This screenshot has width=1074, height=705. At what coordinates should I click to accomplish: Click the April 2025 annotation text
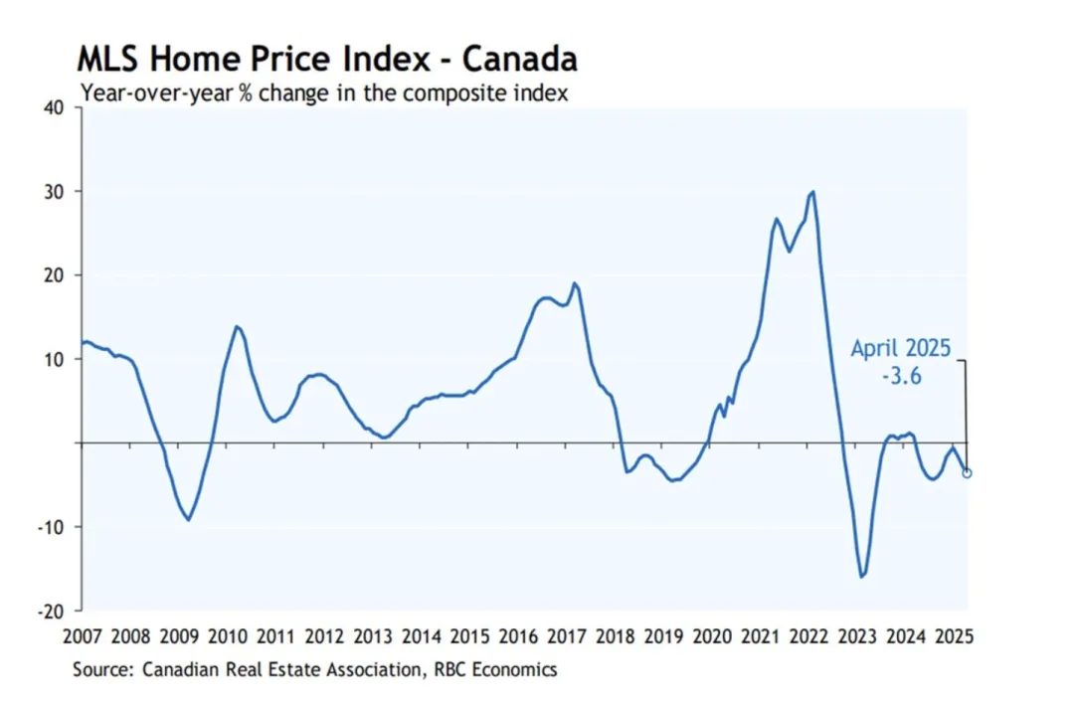901,349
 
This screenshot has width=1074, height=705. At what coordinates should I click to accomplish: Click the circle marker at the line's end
967,472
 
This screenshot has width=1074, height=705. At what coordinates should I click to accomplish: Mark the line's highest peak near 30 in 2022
813,192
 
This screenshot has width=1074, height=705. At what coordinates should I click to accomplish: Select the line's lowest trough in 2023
862,576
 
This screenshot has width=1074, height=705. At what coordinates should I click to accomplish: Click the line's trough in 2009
188,519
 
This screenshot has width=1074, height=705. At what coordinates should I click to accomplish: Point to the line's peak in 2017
574,283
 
